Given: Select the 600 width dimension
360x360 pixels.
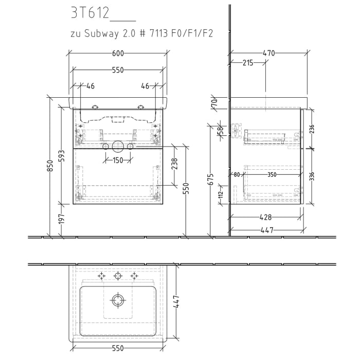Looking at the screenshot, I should coord(118,53).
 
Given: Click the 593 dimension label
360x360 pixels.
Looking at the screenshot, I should coord(61,155).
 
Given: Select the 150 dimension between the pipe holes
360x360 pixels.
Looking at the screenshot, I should coord(118,160).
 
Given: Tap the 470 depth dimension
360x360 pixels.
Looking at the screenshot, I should coord(268,53).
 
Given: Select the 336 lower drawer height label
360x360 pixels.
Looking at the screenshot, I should coord(312,177).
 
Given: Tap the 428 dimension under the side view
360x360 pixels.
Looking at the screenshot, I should coord(266,218).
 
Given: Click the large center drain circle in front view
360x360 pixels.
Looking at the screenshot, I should coord(118,147).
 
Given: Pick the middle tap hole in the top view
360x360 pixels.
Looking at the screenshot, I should coord(118,276).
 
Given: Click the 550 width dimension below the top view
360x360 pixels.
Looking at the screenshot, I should coord(118,348).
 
